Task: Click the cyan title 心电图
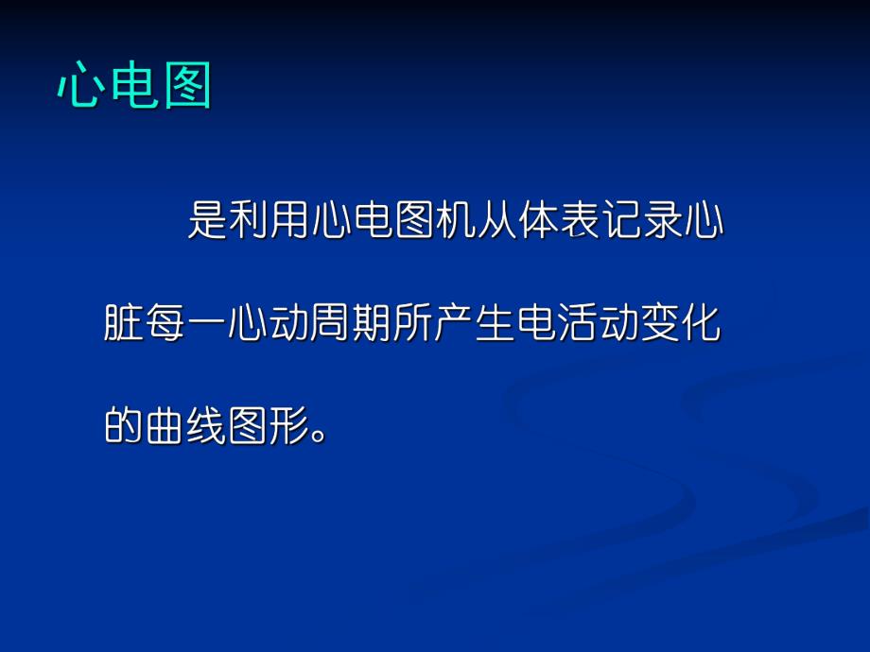[133, 87]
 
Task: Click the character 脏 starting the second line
[124, 324]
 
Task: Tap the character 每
[165, 324]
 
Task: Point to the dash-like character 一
[206, 324]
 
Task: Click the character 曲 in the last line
[165, 426]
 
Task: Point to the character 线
[206, 426]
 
